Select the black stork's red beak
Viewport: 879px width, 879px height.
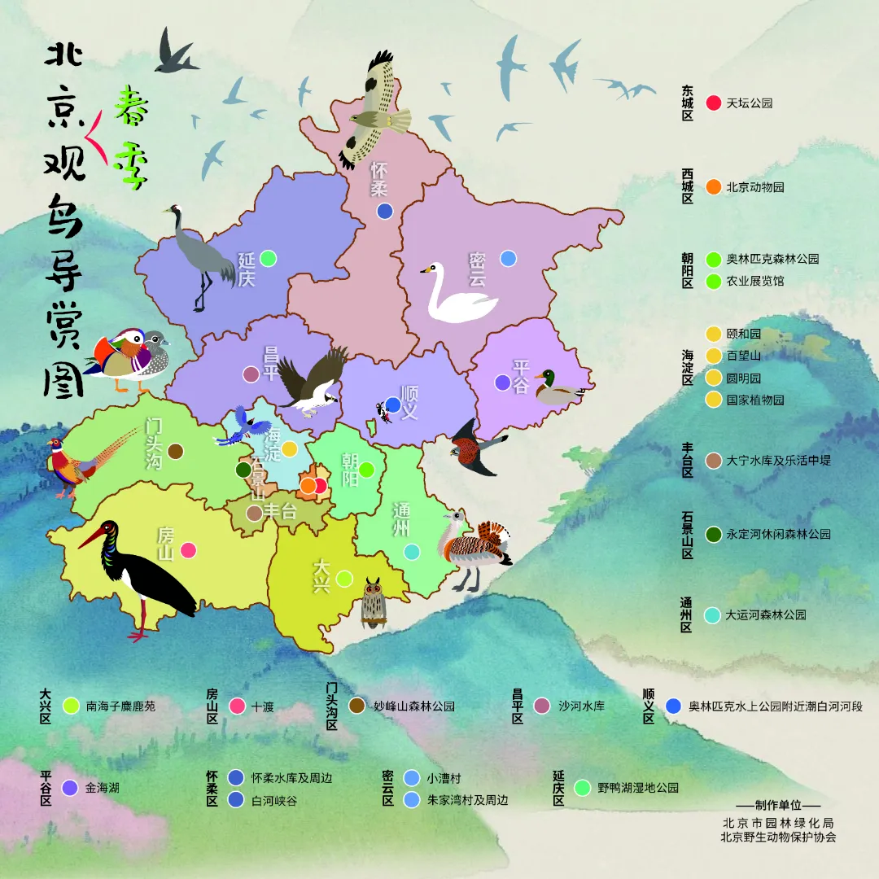coord(92,537)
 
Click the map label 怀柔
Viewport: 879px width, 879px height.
coord(378,179)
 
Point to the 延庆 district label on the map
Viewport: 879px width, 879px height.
coord(247,269)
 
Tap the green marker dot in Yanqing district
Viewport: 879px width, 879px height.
coord(268,258)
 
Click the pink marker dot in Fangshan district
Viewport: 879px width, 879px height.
coord(188,550)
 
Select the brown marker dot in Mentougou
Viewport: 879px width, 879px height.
coord(175,451)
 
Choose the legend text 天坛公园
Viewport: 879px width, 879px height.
coord(749,103)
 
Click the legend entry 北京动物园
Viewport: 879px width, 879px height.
coord(754,187)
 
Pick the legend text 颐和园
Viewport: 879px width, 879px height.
coord(743,334)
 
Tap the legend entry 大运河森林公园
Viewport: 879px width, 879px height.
coord(765,615)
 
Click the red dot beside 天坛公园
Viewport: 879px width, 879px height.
coord(714,103)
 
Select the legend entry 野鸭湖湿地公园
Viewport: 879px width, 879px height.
coord(637,788)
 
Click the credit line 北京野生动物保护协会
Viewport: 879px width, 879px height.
coord(777,837)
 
